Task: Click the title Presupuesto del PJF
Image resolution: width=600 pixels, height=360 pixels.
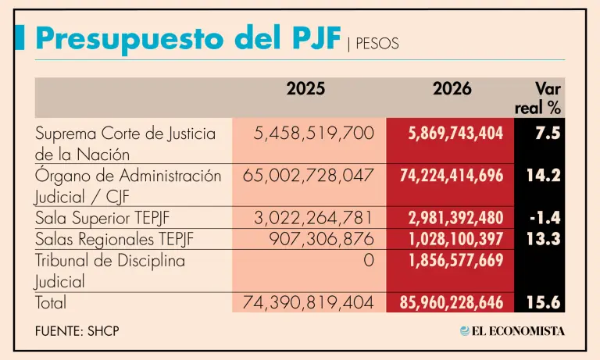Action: pos(188,37)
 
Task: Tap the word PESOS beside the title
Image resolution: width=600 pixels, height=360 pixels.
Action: pos(377,44)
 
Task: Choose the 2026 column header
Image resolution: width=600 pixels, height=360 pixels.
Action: pos(452,89)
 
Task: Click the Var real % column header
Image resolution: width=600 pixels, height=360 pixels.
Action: pos(539,98)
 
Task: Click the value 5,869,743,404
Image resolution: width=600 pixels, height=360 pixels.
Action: pos(455,134)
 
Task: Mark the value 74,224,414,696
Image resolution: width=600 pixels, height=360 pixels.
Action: pos(451,176)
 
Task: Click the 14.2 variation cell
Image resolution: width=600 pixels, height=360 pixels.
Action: pos(544,176)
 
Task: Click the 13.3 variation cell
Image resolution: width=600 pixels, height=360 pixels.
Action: pos(544,239)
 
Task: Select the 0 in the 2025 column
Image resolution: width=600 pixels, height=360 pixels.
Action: pos(369,260)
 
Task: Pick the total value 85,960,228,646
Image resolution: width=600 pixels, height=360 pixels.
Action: pos(451,302)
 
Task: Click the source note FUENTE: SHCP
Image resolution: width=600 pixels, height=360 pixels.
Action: pos(77,331)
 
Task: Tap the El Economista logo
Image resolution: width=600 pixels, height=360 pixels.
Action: pos(512,331)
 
